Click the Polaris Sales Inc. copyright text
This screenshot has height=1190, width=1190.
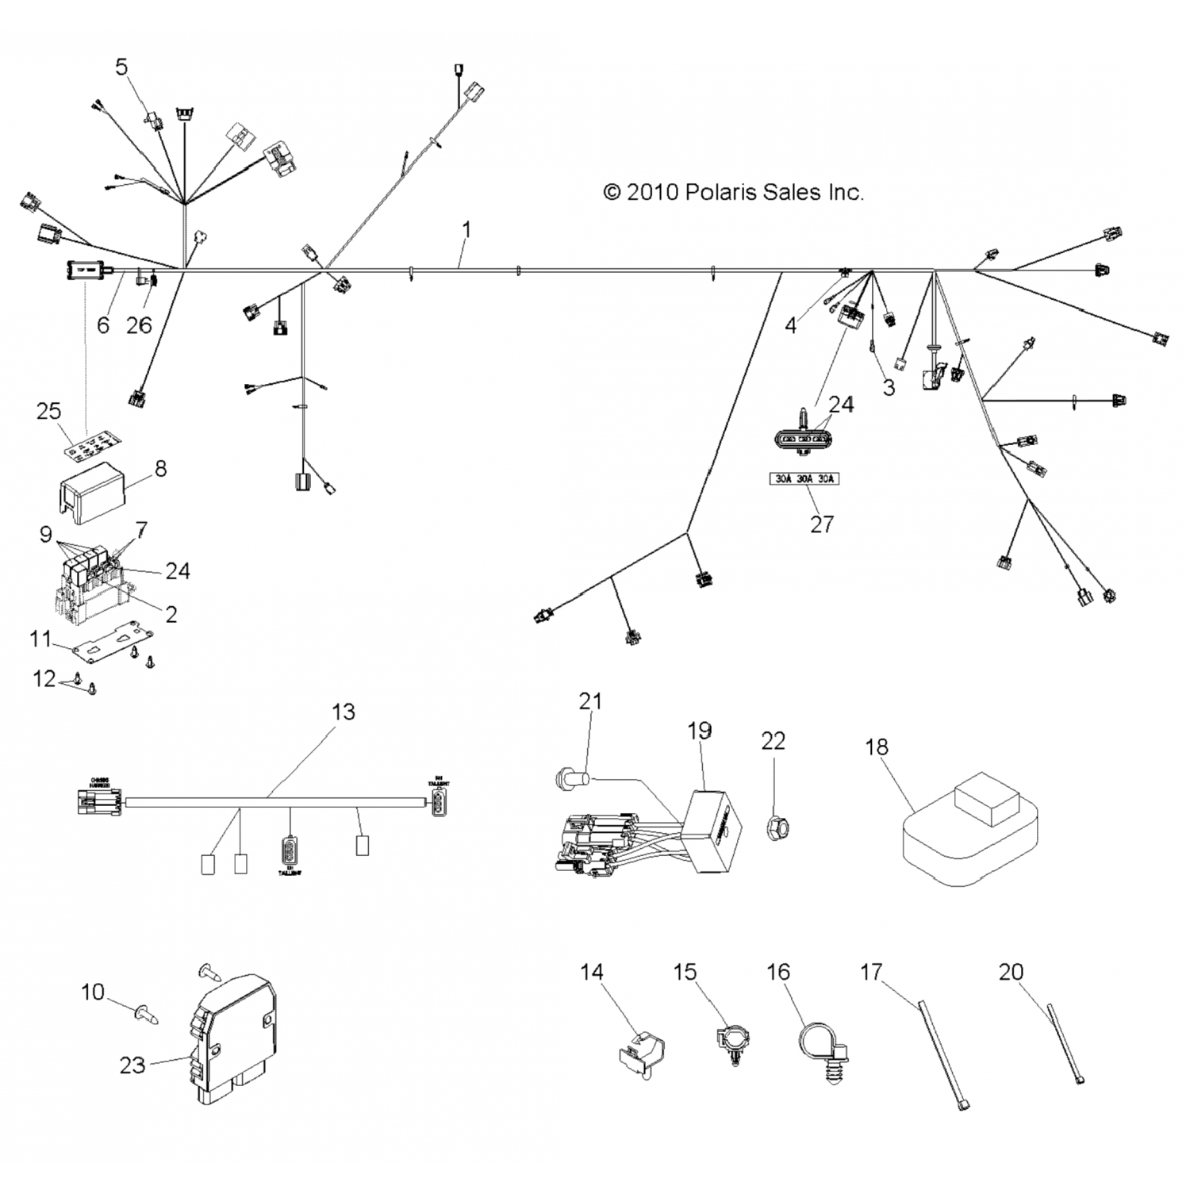tap(733, 192)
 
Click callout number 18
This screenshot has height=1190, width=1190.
tap(877, 747)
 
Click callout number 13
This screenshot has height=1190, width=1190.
tap(343, 712)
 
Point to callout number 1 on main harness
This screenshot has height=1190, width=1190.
tap(466, 230)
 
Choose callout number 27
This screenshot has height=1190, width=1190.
tap(822, 524)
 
